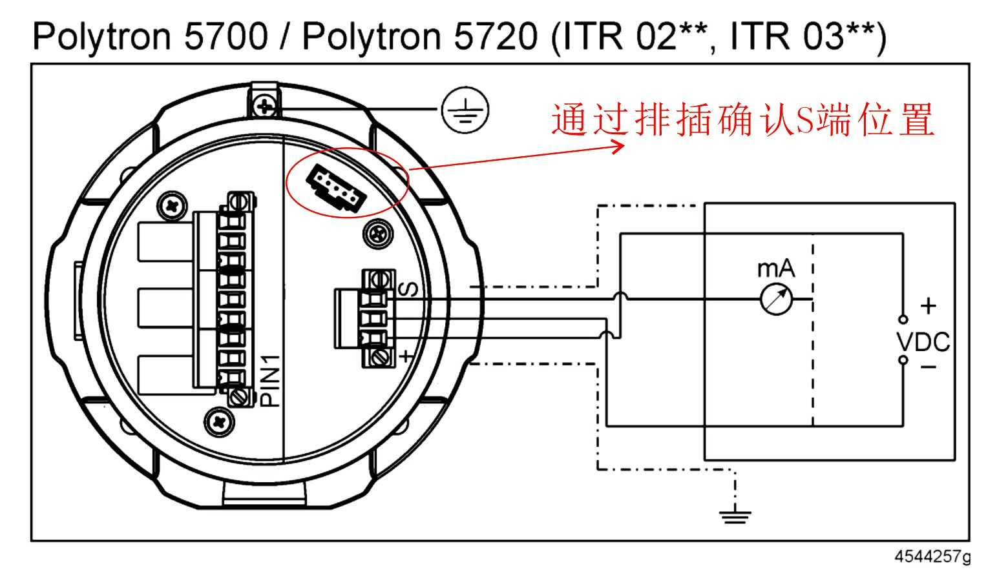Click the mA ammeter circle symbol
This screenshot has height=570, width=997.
coord(775,299)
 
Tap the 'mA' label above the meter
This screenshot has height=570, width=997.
coord(775,268)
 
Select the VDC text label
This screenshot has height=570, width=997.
coord(923,341)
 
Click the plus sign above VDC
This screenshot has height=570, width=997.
coord(928,305)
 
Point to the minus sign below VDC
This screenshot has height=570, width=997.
coord(928,367)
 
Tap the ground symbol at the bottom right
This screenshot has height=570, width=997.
coord(735,514)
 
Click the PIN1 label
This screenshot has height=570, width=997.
coord(272,380)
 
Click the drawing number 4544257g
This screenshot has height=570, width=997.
coord(932,556)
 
